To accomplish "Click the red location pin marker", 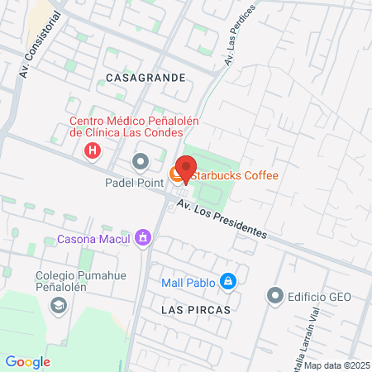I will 186,168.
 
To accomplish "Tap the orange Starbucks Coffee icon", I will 176,174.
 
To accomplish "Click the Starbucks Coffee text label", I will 236,175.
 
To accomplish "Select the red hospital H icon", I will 93,151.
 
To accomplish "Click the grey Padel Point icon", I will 139,160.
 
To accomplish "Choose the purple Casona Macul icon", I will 144,239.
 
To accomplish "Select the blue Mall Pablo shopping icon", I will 229,283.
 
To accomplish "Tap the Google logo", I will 27,361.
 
